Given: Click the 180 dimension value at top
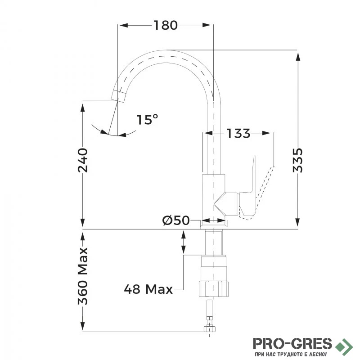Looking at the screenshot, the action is pyautogui.click(x=166, y=25).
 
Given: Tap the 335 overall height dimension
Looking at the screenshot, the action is pyautogui.click(x=298, y=160).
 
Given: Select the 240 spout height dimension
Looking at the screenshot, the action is pyautogui.click(x=83, y=160).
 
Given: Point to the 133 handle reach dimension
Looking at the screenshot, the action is pyautogui.click(x=238, y=133).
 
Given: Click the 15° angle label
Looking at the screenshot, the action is pyautogui.click(x=148, y=120).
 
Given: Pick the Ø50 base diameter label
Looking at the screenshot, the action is pyautogui.click(x=176, y=220).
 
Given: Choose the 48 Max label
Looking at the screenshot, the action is pyautogui.click(x=148, y=289).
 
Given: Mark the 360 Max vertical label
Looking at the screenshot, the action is pyautogui.click(x=83, y=276).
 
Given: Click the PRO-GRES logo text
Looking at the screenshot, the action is pyautogui.click(x=292, y=344).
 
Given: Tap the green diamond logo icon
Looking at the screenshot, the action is pyautogui.click(x=344, y=346).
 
